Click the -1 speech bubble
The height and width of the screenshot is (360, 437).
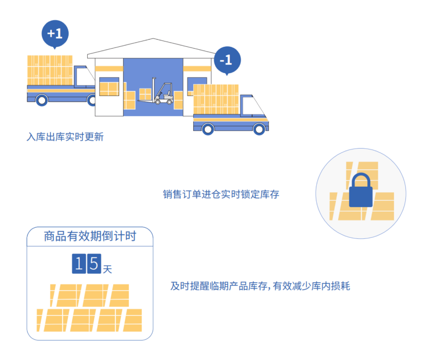pyautogui.click(x=227, y=60)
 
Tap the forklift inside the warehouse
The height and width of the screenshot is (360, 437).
pyautogui.click(x=163, y=93)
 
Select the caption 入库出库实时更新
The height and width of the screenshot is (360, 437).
pyautogui.click(x=65, y=138)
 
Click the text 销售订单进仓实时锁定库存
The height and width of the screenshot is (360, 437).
pyautogui.click(x=221, y=194)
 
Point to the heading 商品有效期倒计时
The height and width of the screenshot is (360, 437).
pyautogui.click(x=90, y=236)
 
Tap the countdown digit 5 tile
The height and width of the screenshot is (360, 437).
pyautogui.click(x=94, y=264)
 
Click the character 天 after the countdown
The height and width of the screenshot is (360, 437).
pyautogui.click(x=107, y=269)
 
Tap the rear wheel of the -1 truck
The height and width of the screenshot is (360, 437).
pyautogui.click(x=208, y=129)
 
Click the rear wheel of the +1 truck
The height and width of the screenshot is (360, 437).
pyautogui.click(x=42, y=100)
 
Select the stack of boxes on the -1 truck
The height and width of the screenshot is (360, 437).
pyautogui.click(x=216, y=99)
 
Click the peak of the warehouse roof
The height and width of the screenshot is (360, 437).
pyautogui.click(x=153, y=40)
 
